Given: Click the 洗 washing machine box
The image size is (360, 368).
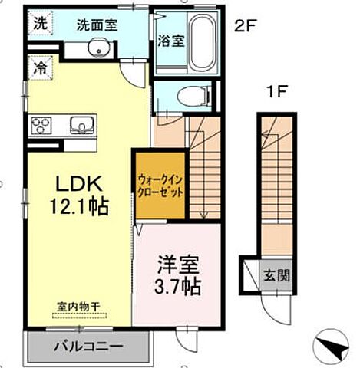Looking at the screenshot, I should click(x=39, y=23).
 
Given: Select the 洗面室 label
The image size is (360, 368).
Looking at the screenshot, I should click(x=96, y=24).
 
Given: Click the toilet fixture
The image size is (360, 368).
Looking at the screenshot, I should click(x=189, y=97).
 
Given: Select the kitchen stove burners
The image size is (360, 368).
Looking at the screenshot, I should click(x=42, y=124).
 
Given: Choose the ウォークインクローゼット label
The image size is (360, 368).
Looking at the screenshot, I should click(x=160, y=185).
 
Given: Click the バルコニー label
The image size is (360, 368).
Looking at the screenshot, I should click(x=88, y=347).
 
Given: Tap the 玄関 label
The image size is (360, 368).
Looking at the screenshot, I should click(x=278, y=275).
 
